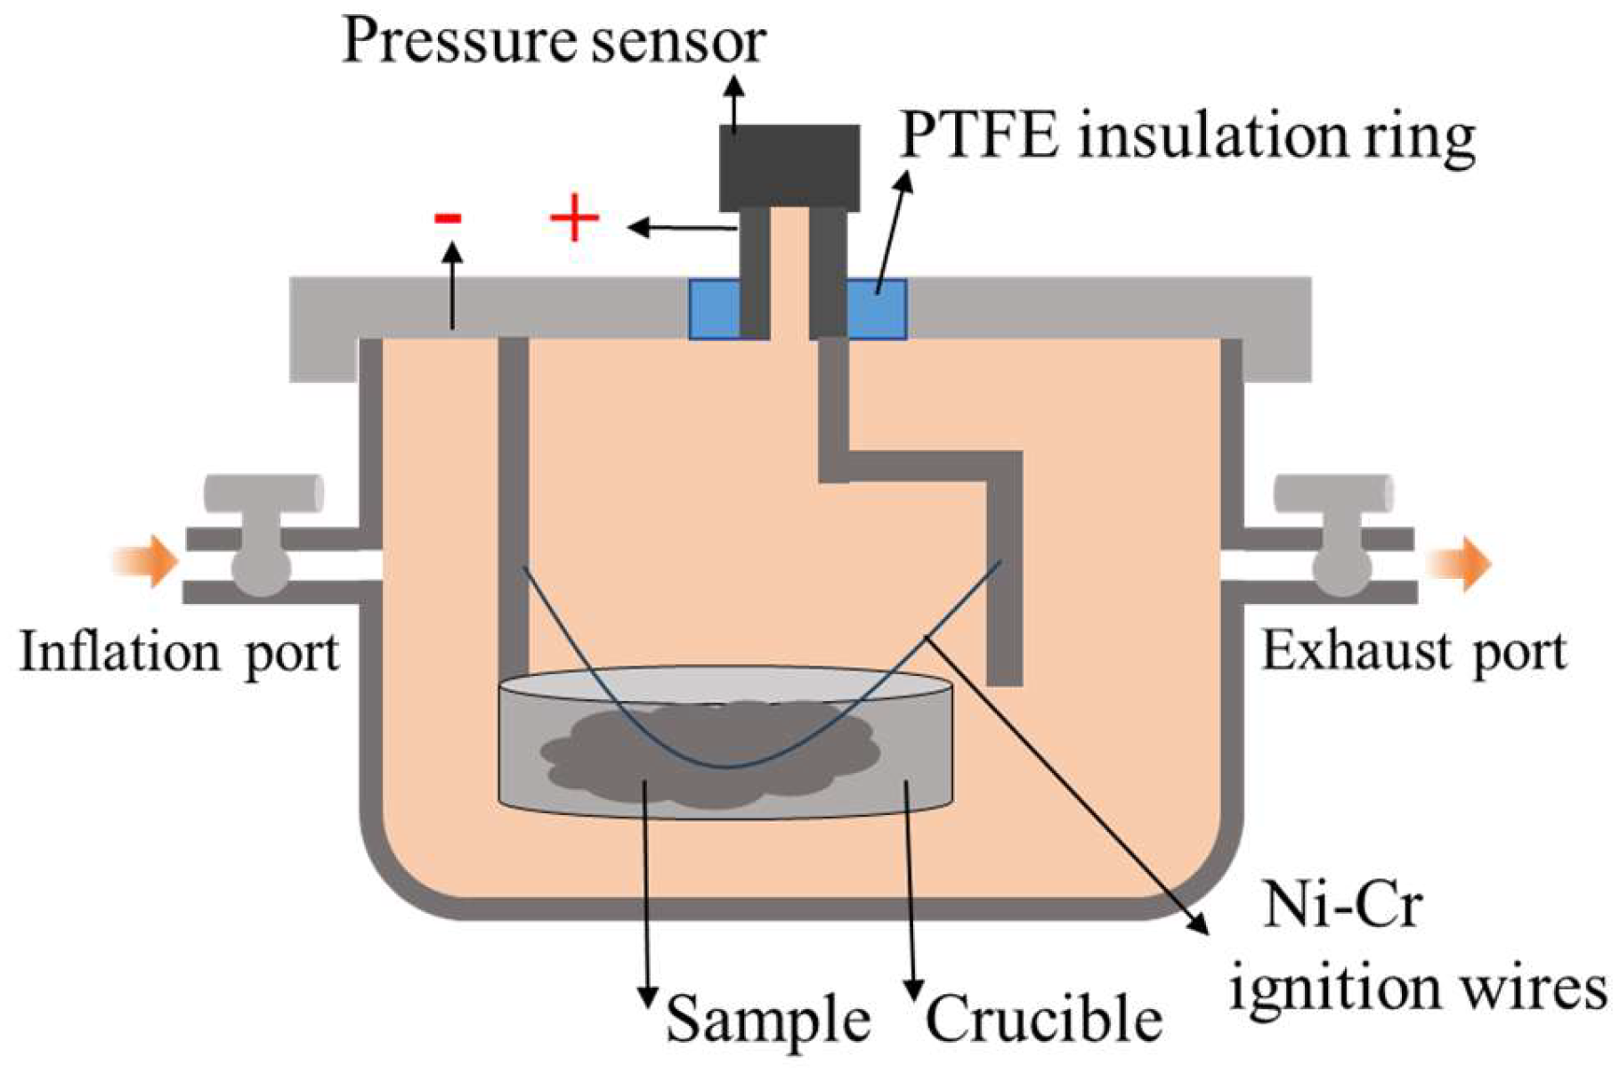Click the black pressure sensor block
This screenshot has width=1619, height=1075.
coord(789,167)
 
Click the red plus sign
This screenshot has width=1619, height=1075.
coord(574,217)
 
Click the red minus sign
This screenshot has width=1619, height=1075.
coord(447,217)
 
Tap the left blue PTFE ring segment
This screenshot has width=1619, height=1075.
coord(714,309)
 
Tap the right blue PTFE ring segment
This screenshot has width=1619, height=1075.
coord(877,309)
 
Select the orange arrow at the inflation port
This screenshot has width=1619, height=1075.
coord(146,561)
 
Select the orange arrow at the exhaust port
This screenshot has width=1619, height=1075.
coord(1460,565)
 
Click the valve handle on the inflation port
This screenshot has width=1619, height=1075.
coord(263,494)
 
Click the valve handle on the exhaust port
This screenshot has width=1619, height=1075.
coord(1332,494)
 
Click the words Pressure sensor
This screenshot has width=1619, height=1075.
coord(554,41)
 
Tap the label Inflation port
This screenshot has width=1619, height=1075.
coord(179,653)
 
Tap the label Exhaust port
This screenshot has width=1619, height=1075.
coord(1413,653)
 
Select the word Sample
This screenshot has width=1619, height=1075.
coord(767,1019)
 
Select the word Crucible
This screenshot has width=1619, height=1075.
coord(1043,1019)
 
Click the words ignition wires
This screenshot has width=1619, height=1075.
coord(1417,989)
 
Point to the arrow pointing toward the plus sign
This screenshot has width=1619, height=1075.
coord(681,228)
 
